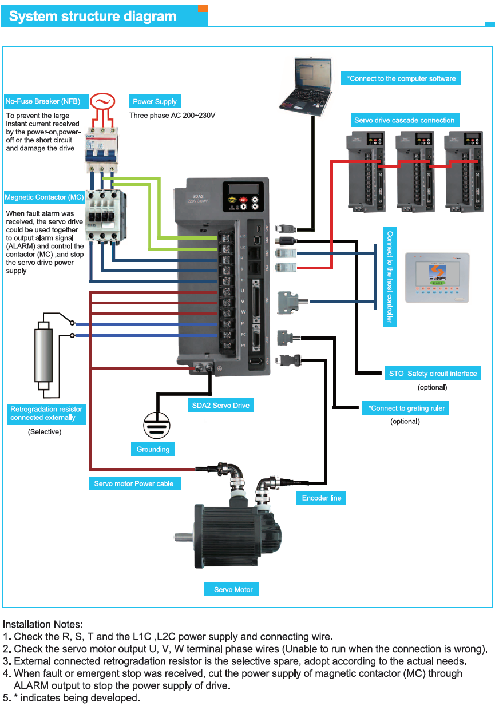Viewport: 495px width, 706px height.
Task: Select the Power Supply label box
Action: click(x=155, y=102)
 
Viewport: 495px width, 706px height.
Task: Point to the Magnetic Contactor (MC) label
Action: click(x=45, y=197)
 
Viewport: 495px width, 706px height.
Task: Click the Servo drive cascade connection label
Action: click(x=404, y=120)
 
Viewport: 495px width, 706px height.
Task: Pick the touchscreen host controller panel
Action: click(x=437, y=277)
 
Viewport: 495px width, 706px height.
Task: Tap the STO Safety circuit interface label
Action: click(x=433, y=374)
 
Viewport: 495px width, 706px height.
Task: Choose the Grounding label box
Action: click(x=153, y=449)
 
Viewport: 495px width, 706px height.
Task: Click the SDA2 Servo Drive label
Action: click(x=220, y=406)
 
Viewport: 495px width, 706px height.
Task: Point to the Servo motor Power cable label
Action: click(x=134, y=483)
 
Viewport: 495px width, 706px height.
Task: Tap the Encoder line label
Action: click(x=322, y=498)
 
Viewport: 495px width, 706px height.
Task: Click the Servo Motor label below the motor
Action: click(x=233, y=589)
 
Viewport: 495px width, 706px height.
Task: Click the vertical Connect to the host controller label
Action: click(x=390, y=277)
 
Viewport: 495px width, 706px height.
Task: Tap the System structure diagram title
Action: click(x=93, y=17)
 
